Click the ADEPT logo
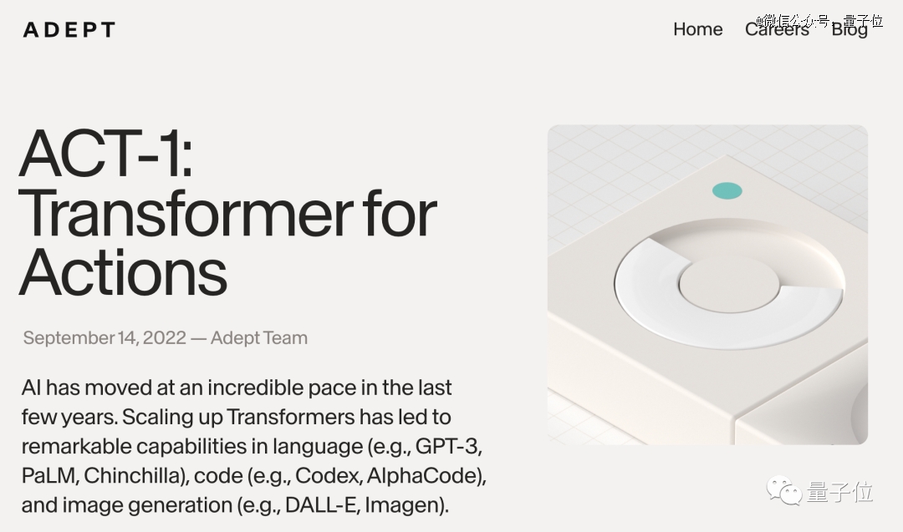[x=69, y=29]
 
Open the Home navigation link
[x=698, y=28]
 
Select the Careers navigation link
[x=777, y=28]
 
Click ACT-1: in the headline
[x=106, y=154]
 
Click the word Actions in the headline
[x=123, y=272]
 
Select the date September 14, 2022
[x=105, y=337]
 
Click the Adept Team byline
[x=259, y=337]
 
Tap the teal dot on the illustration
[x=727, y=190]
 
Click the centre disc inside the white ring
[x=729, y=284]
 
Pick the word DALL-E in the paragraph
[x=319, y=505]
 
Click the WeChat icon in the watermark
[x=783, y=490]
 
